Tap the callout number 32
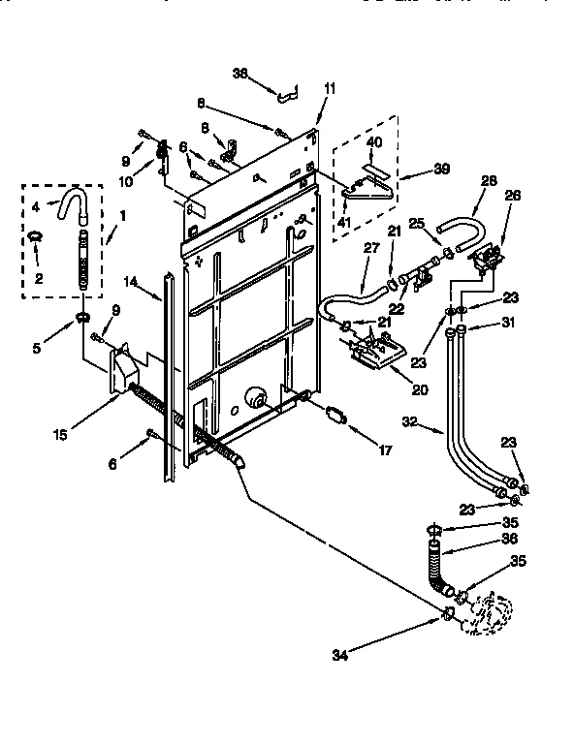point(408,422)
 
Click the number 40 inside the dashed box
point(374,142)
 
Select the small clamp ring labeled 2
point(36,235)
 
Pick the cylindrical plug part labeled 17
point(336,414)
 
